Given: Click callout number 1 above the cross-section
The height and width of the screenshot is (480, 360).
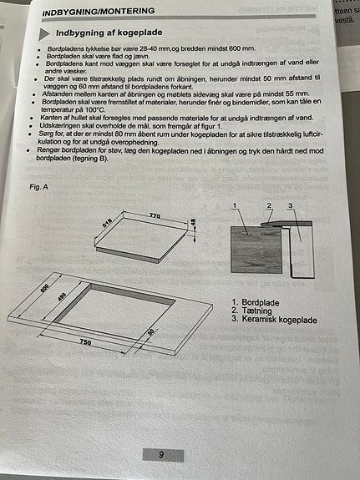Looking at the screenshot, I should [236, 205].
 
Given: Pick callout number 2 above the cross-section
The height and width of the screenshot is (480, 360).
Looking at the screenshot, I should [269, 205].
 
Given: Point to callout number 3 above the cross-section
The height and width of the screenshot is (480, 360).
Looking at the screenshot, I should [290, 205].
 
